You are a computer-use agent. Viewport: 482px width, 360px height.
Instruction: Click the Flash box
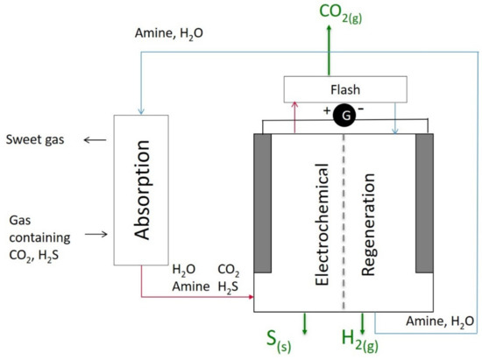pos(344,88)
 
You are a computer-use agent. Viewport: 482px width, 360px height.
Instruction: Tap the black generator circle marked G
pos(344,116)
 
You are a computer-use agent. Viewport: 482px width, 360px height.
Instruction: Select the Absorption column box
pos(140,188)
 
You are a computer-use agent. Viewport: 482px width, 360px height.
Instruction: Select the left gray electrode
pos(266,202)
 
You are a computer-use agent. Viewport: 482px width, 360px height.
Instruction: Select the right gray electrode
pos(425,202)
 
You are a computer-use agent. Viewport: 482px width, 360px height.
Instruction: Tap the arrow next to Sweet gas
pos(90,140)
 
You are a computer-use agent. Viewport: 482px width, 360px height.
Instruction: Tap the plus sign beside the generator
pos(326,109)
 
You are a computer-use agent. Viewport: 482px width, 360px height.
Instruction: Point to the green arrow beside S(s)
pos(303,323)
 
